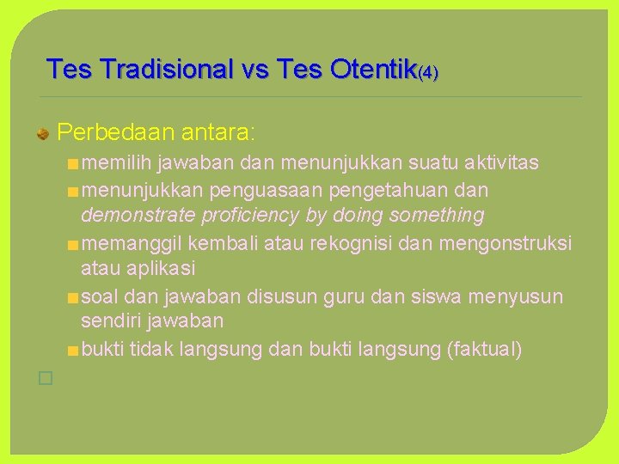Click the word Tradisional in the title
click(x=166, y=69)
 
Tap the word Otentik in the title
click(x=370, y=69)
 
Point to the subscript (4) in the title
click(x=427, y=73)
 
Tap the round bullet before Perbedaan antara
click(x=41, y=133)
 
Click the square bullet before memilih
click(x=73, y=163)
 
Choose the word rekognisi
click(x=340, y=242)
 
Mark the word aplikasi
click(x=163, y=268)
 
